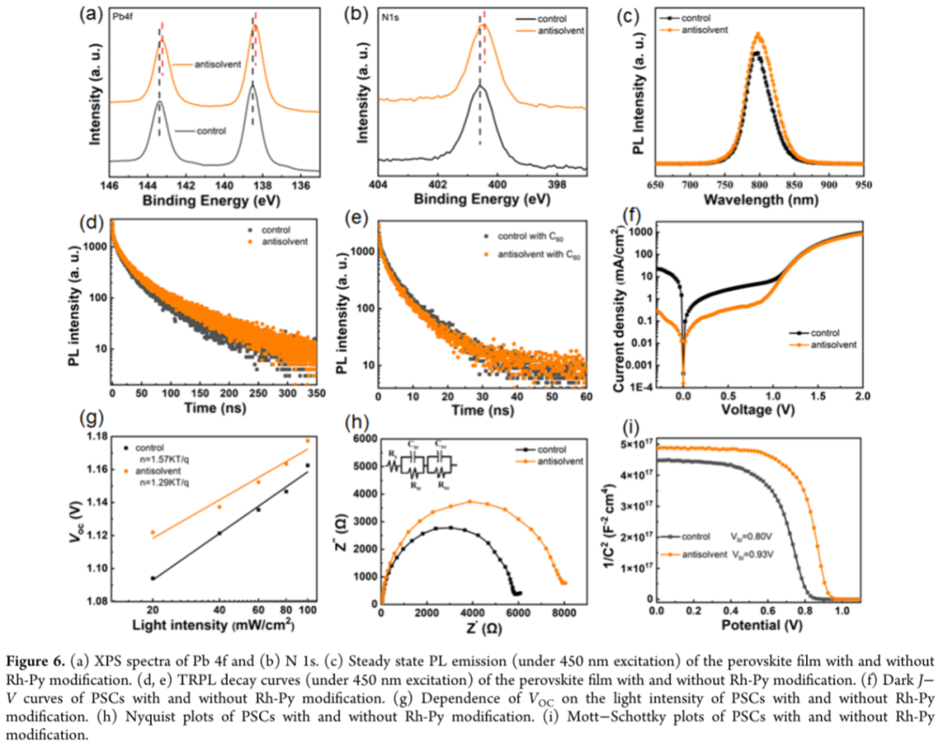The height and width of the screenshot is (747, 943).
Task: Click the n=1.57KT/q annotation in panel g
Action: click(169, 456)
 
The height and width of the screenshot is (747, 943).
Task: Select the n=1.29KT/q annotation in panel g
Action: click(169, 483)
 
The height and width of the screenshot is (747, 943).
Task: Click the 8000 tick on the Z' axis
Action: click(564, 613)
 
